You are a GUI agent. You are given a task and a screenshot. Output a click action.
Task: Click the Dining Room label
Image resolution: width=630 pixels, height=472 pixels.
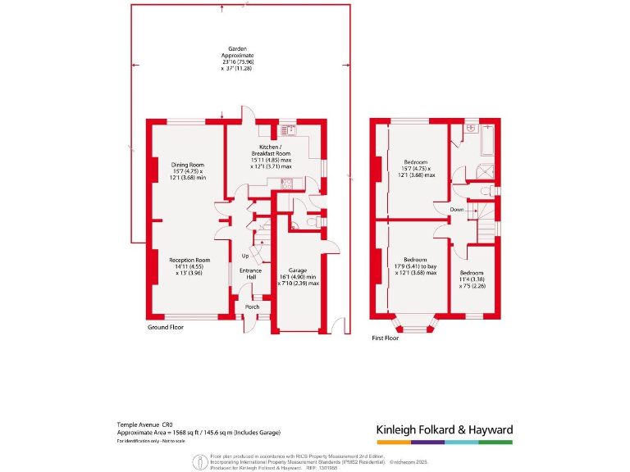click(185, 170)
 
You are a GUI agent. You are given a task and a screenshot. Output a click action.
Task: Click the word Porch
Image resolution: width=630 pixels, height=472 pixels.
click(253, 307)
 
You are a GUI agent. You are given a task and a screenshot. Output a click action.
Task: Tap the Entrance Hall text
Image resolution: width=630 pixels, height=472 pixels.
click(250, 274)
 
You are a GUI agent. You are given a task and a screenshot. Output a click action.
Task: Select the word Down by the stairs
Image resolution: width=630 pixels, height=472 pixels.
click(457, 209)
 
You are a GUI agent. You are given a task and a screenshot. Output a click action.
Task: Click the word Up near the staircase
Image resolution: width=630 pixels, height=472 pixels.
click(245, 256)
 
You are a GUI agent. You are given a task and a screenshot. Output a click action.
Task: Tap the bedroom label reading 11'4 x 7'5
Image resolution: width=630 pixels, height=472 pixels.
click(471, 279)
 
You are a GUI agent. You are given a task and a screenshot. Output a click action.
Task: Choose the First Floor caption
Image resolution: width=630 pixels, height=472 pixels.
click(385, 338)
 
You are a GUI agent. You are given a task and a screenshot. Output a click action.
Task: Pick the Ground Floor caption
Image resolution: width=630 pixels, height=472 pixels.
click(165, 327)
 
